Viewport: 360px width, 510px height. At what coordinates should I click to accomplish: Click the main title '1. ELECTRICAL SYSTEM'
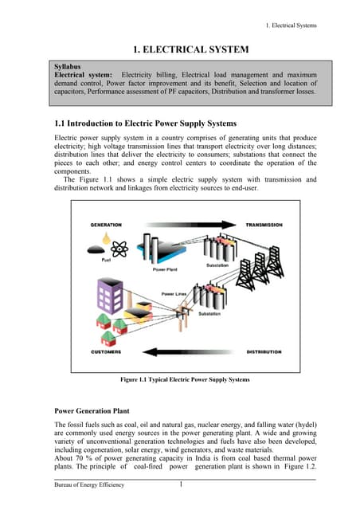pyautogui.click(x=180, y=50)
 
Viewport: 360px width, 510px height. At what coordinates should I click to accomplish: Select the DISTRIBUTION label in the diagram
pyautogui.click(x=263, y=351)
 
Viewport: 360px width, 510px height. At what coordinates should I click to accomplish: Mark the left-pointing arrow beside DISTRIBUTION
pyautogui.click(x=183, y=351)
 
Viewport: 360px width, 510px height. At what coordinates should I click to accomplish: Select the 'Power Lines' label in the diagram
pyautogui.click(x=174, y=294)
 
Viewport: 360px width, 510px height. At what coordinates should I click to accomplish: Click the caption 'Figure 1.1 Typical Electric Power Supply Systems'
pyautogui.click(x=184, y=380)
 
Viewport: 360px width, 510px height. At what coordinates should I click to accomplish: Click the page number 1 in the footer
pyautogui.click(x=182, y=485)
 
